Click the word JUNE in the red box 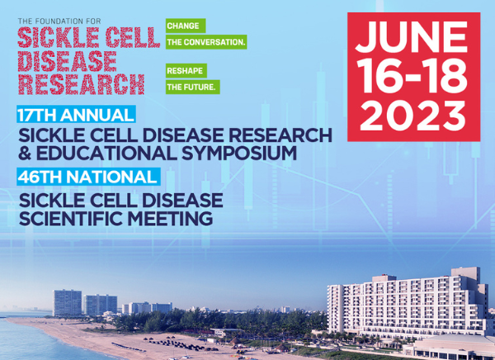point(412,36)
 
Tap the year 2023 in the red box point(413,116)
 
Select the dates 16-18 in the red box point(413,77)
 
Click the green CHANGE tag point(186,26)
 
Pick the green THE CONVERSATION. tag point(206,42)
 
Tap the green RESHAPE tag point(186,71)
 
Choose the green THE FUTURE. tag point(193,87)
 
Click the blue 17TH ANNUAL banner point(76,115)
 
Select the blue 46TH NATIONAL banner point(88,177)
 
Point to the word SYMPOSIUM point(239,153)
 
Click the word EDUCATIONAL point(106,153)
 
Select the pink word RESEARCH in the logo point(81,84)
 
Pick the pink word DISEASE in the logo point(68,61)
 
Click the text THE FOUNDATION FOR point(59,21)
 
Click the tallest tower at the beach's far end point(68,303)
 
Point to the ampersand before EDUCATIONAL point(26,153)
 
